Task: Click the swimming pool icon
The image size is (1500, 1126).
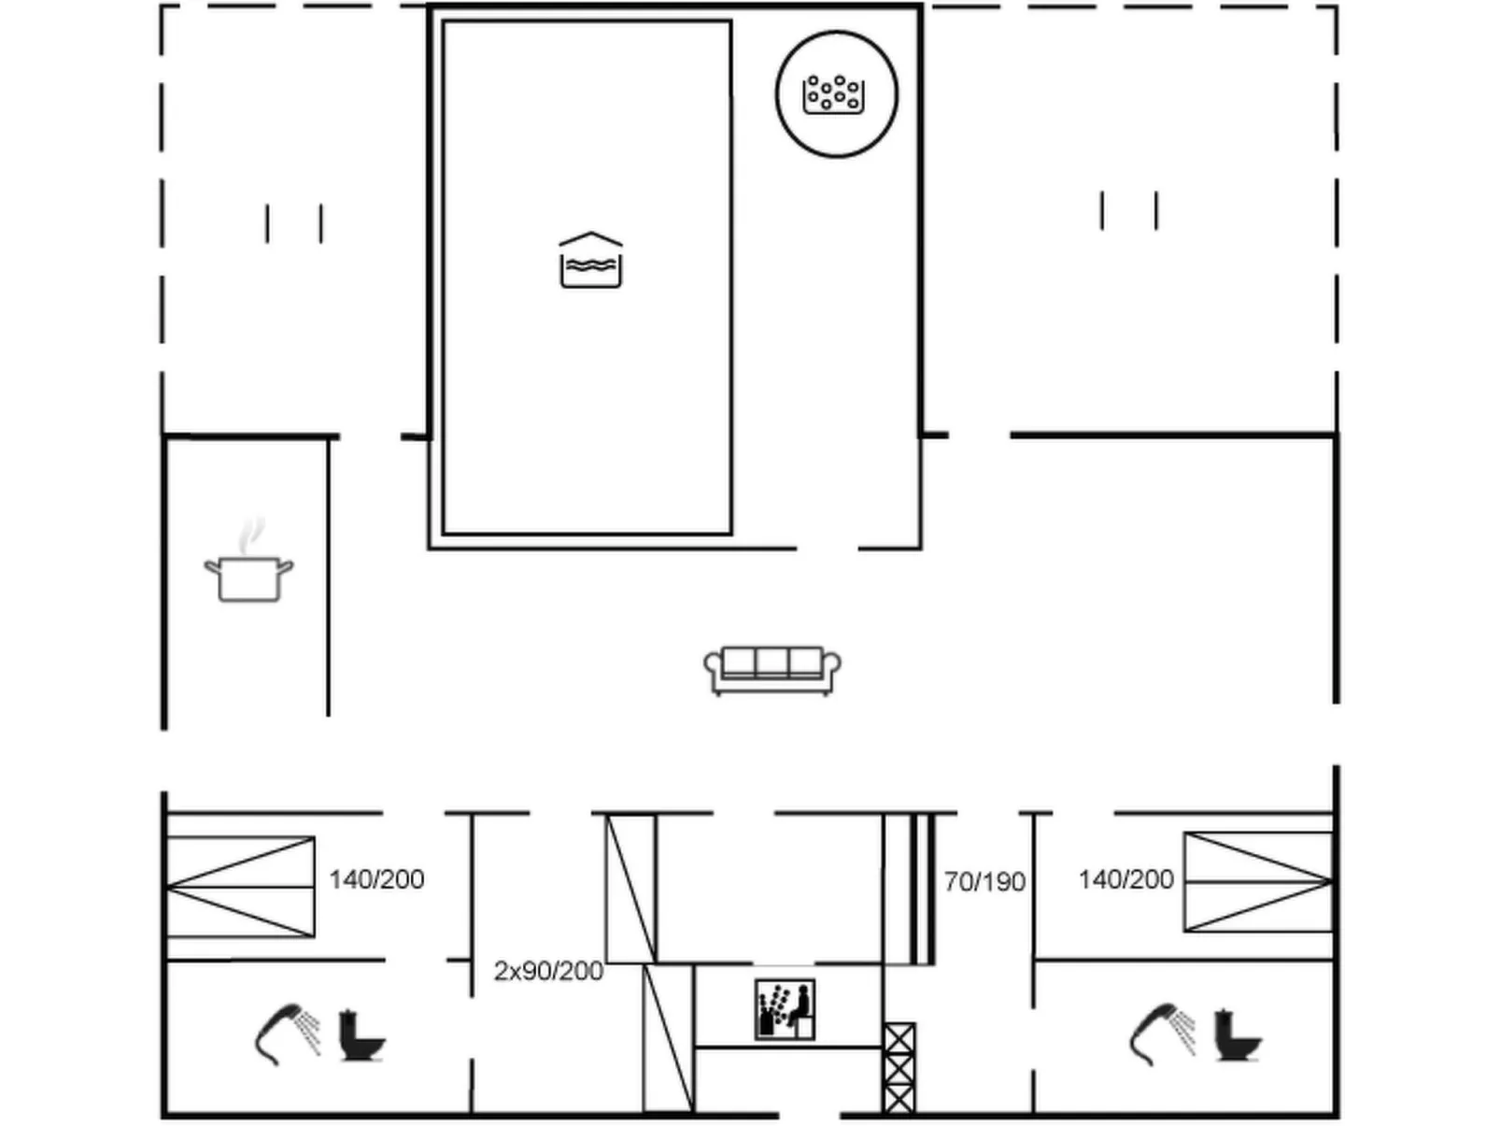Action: point(590,260)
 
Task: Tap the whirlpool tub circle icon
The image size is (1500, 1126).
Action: point(836,94)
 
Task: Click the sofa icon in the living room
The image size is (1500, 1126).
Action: point(771,669)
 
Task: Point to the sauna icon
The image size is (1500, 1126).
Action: point(785,1009)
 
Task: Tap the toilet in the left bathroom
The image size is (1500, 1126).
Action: point(361,1035)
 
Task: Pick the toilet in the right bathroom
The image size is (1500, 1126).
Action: point(1236,1035)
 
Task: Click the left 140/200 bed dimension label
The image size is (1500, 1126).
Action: point(376,879)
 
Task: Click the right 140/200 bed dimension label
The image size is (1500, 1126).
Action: point(1125,879)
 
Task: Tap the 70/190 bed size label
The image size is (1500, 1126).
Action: point(984,882)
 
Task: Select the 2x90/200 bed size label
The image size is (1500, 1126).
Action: point(548,971)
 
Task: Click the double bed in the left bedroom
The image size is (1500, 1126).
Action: point(241,887)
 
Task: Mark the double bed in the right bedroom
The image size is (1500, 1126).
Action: point(1257,882)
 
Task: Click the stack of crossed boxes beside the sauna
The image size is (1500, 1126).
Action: point(899,1068)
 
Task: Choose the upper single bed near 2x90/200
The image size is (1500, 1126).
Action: point(631,888)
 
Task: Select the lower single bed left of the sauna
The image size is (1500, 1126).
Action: point(668,1037)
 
